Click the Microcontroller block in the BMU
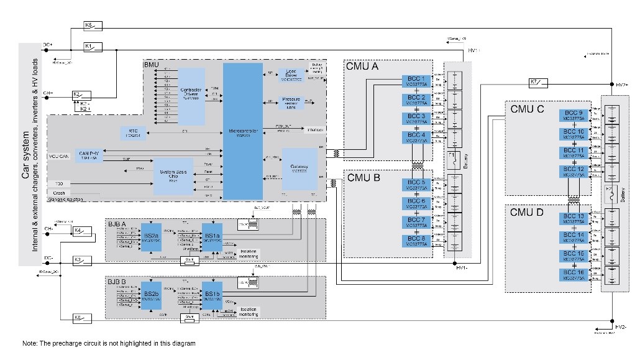coord(243,131)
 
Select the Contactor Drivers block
coord(191,96)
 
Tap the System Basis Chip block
coord(173,177)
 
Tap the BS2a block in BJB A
coord(151,236)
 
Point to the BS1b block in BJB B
coord(212,295)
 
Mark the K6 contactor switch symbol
coord(82,318)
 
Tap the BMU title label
coord(152,65)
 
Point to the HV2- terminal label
coord(621,326)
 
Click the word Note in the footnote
coord(29,344)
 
